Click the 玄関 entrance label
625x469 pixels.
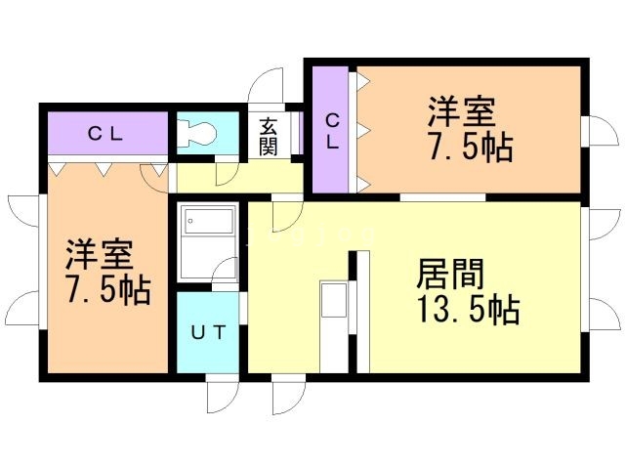(268, 137)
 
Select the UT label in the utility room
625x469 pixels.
(209, 332)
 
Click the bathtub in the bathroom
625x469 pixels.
(208, 221)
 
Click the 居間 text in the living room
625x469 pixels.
(450, 274)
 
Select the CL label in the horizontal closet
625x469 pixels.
(105, 134)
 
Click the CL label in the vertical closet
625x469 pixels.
(332, 132)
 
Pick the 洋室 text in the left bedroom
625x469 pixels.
(100, 254)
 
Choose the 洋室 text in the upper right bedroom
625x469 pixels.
(462, 111)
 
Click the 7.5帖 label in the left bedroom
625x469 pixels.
(109, 290)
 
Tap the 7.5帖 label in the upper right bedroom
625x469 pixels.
(471, 147)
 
